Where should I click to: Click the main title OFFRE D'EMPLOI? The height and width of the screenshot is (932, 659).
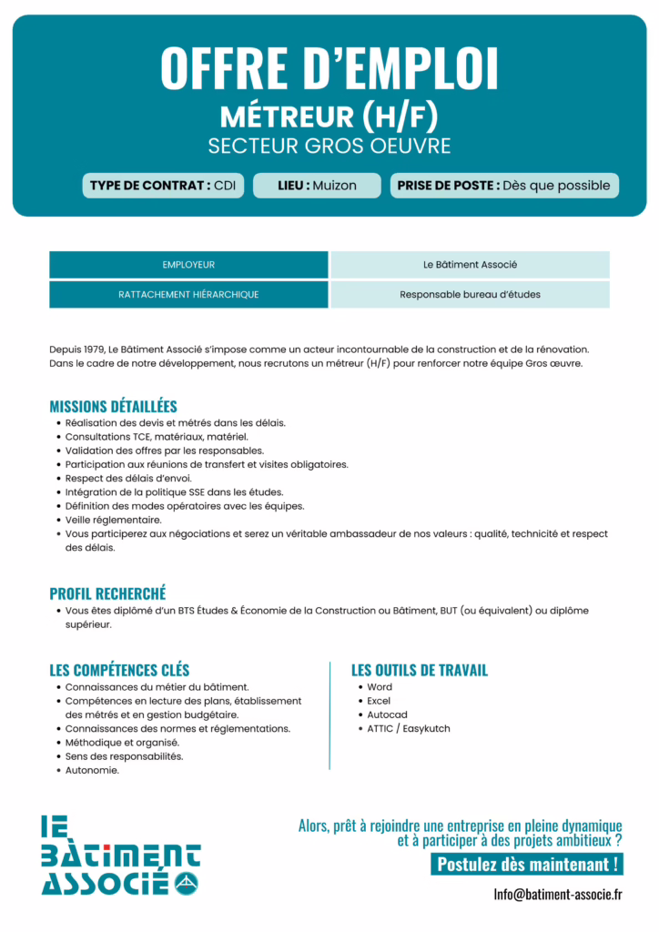329,67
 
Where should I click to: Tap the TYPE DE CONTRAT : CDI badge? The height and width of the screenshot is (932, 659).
163,186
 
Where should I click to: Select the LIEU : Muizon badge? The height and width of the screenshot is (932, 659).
317,186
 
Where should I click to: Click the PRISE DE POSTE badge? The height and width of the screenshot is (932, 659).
504,186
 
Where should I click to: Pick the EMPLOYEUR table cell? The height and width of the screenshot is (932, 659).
188,265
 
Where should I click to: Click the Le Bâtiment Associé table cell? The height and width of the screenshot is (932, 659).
470,265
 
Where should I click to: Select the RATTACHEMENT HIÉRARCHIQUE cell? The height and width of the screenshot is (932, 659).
188,295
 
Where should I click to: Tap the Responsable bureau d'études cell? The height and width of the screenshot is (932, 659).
470,295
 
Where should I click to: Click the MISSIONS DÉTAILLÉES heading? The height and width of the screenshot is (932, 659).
113,406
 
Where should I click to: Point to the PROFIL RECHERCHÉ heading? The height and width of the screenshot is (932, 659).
107,593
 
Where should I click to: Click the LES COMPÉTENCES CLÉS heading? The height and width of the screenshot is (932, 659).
119,671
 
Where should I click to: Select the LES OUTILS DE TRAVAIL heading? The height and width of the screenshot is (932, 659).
420,671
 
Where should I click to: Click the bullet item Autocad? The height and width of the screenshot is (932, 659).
387,714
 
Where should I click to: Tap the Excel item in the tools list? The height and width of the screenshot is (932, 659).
379,701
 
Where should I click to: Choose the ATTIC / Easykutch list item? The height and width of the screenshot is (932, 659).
408,728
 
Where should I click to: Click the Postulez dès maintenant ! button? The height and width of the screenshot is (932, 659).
527,865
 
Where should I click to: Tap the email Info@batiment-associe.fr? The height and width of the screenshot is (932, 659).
558,894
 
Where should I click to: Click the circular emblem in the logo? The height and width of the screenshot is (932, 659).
186,882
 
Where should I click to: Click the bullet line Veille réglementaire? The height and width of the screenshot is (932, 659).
113,520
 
